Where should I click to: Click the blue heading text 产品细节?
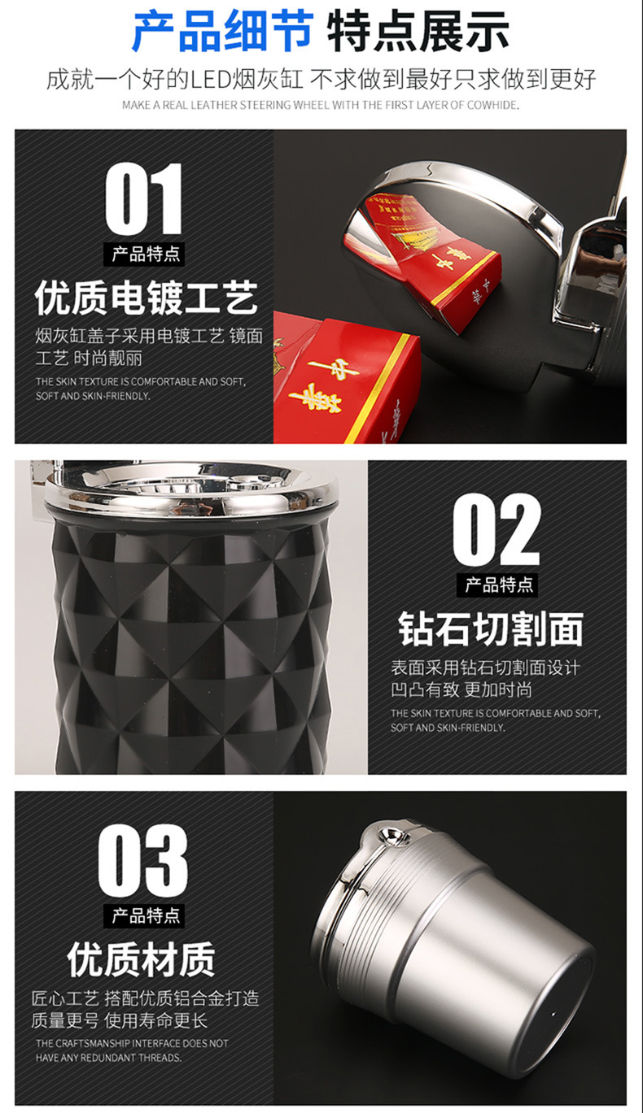pos(223,32)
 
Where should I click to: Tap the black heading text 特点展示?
pos(418,32)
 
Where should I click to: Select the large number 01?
pos(143,198)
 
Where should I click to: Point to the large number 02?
pos(496,529)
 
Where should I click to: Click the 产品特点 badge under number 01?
pos(144,254)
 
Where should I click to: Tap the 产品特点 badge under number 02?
pos(497,585)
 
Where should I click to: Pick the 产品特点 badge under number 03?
pos(144,915)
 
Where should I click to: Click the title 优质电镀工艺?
pos(147,298)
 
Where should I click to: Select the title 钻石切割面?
pos(491,629)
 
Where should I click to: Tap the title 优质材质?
pos(142,959)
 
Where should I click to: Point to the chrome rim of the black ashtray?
pos(190,489)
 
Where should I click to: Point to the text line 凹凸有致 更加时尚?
pos(461,689)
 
